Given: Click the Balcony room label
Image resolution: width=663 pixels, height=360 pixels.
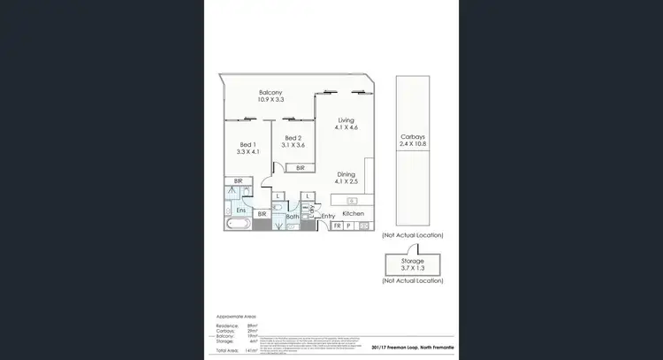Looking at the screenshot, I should tap(271, 93).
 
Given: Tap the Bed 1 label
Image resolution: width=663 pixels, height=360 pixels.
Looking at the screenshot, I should tap(248, 145).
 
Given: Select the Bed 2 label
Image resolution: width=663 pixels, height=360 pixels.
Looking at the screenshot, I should tap(293, 138).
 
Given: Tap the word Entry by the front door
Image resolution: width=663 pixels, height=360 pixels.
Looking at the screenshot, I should tap(328, 216).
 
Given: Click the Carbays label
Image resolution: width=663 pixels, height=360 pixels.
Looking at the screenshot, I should tap(413, 137).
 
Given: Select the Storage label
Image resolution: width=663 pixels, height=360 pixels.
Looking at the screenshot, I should tap(413, 262).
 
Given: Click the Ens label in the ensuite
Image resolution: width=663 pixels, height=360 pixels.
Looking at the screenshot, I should tap(240, 211).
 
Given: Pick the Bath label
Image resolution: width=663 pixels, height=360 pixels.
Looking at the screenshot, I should tap(293, 217).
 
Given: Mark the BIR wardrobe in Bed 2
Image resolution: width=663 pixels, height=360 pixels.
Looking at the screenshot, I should tap(301, 167).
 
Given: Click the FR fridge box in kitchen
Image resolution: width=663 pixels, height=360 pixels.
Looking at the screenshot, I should tap(337, 226).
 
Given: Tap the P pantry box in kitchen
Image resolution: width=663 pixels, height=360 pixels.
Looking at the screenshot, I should tap(349, 226).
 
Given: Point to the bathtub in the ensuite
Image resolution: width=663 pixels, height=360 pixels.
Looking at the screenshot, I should tap(239, 225).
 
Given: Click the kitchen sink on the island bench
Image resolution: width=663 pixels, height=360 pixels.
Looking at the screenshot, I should tap(352, 200).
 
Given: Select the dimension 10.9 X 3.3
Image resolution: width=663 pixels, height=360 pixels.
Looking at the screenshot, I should tap(271, 100).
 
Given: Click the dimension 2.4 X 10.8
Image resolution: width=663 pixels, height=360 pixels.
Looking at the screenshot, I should tap(413, 144).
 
